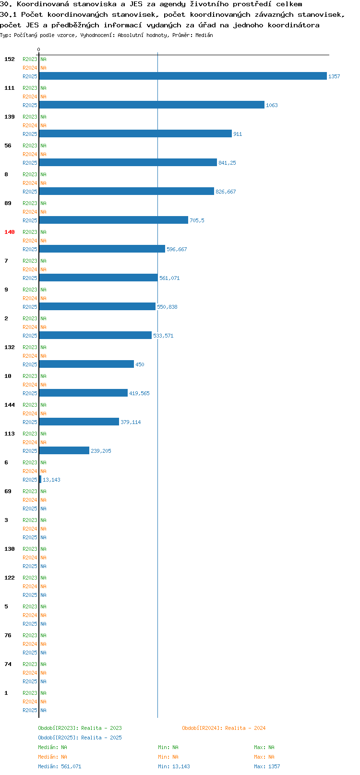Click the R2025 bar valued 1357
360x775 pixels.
(x=183, y=76)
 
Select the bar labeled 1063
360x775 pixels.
(x=152, y=105)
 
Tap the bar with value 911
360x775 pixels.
(x=135, y=133)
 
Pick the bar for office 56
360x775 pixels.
(x=128, y=162)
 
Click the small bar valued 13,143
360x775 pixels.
(x=40, y=479)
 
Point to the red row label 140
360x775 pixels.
(x=9, y=232)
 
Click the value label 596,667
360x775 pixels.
(x=177, y=249)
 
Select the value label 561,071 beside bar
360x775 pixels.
(x=169, y=278)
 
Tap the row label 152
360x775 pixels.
(x=9, y=59)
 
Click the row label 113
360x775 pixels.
(x=9, y=434)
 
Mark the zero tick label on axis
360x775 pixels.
(x=38, y=49)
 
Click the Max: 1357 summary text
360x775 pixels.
(x=267, y=766)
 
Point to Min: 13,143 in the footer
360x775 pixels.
(x=174, y=766)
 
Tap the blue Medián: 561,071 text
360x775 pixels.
(x=60, y=766)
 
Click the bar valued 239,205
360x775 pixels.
(x=64, y=450)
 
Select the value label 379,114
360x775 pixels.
(x=131, y=422)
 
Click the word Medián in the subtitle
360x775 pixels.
(x=204, y=35)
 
